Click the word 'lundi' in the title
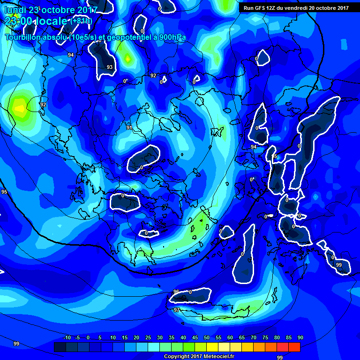(x=15, y=9)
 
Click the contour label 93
(x=110, y=67)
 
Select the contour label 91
(x=129, y=127)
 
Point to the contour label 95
(x=4, y=192)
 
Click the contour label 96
(x=176, y=292)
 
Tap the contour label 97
(x=176, y=310)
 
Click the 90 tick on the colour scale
(x=300, y=337)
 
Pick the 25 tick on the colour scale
(x=148, y=337)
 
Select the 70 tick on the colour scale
(x=253, y=337)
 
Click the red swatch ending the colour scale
(x=294, y=347)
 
